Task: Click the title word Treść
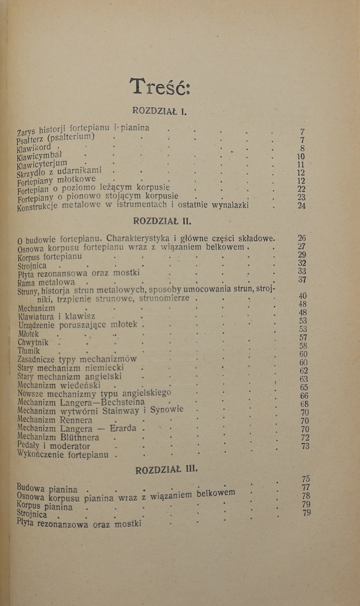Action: point(160,86)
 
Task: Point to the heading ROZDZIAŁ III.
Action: point(167,470)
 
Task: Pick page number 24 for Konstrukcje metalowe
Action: point(302,206)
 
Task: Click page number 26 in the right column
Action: point(302,238)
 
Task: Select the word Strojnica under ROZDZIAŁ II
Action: point(32,266)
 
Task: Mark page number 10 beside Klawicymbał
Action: point(301,156)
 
